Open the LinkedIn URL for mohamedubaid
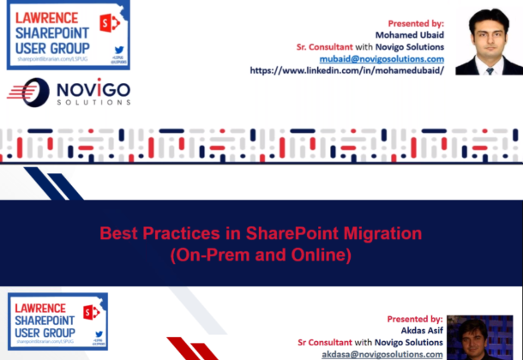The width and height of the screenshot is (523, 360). pyautogui.click(x=346, y=71)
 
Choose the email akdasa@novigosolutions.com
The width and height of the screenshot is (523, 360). pyautogui.click(x=382, y=353)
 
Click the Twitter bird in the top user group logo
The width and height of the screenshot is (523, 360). pyautogui.click(x=98, y=45)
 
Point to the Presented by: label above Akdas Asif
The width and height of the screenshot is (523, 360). pyautogui.click(x=414, y=318)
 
